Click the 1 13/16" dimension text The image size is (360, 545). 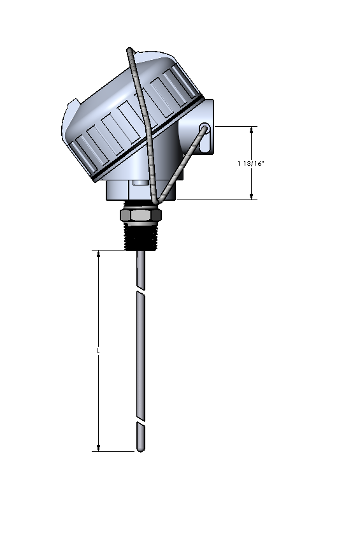click(251, 164)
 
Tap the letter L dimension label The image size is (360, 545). click(98, 351)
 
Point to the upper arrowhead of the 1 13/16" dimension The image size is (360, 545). click(252, 130)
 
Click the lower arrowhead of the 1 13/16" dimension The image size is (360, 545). click(252, 196)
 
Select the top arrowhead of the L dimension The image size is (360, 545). click(99, 254)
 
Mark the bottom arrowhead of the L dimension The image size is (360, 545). click(99, 447)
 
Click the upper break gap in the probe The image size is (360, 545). click(141, 292)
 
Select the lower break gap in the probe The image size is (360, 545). click(141, 422)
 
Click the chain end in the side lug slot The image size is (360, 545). click(205, 129)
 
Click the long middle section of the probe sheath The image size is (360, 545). click(141, 357)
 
